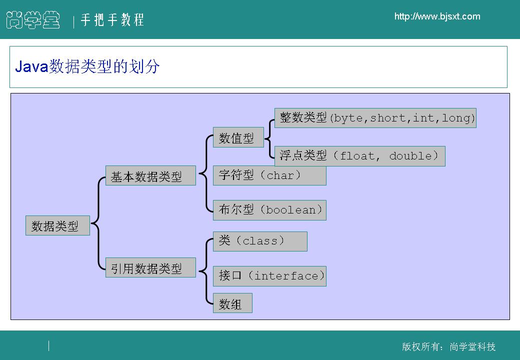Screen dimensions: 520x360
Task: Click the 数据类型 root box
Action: point(57,225)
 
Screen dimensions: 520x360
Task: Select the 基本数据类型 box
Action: point(150,175)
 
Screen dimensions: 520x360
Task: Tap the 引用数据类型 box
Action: point(150,267)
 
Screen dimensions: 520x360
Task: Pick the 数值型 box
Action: point(238,137)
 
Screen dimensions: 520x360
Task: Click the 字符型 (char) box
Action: point(269,175)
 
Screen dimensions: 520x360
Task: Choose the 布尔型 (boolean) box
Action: point(269,210)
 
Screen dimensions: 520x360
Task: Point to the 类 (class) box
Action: point(260,241)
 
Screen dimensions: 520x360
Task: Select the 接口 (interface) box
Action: point(269,276)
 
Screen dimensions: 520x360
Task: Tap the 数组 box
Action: point(232,303)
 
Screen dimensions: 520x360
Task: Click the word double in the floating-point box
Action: point(410,156)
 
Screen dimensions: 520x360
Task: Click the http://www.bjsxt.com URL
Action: point(437,16)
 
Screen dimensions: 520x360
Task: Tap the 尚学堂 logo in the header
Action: point(33,19)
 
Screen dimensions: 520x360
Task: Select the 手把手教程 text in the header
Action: point(112,19)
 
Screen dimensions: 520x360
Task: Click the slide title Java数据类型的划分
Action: point(87,66)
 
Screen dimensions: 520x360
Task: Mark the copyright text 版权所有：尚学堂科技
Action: point(448,346)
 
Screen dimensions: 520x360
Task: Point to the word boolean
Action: point(291,210)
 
